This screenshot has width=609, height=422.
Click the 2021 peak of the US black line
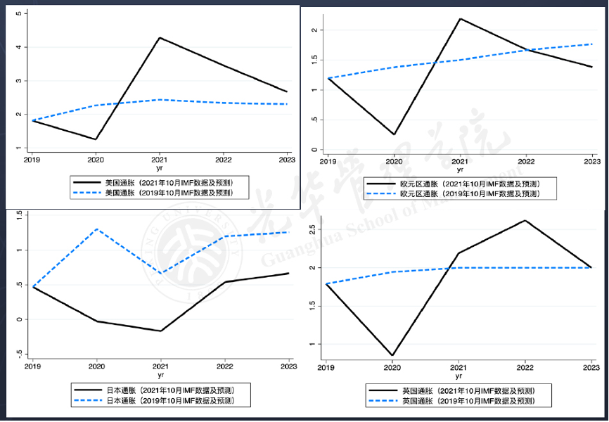tap(160, 38)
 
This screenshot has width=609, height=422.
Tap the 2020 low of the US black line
tap(96, 139)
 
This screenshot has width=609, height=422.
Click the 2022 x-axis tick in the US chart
tap(224, 160)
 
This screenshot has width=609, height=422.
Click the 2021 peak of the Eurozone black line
tap(460, 19)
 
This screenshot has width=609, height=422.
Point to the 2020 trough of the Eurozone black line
tap(394, 134)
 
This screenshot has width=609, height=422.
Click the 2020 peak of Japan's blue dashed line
tap(96, 229)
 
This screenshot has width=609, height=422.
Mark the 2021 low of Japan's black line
tap(161, 331)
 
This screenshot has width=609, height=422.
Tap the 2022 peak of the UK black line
tap(524, 221)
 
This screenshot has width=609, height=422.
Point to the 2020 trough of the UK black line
tap(392, 356)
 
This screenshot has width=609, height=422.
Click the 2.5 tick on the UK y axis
tap(314, 230)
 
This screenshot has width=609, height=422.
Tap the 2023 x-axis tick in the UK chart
tap(589, 368)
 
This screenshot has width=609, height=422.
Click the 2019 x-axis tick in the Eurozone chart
tap(328, 162)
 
